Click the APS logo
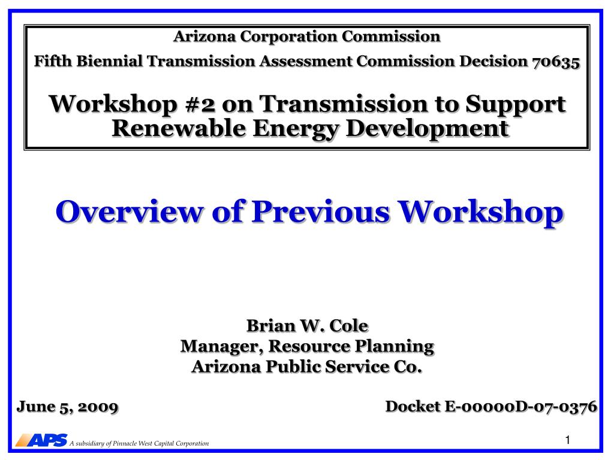[41, 440]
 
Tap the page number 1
[568, 440]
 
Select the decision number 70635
[556, 62]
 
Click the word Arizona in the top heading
[205, 37]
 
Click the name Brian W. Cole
[308, 325]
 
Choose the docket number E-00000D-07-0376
[521, 407]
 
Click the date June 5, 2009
[67, 407]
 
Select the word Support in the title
[515, 105]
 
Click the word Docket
[413, 407]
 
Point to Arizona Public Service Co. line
[306, 367]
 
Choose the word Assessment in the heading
[305, 61]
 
